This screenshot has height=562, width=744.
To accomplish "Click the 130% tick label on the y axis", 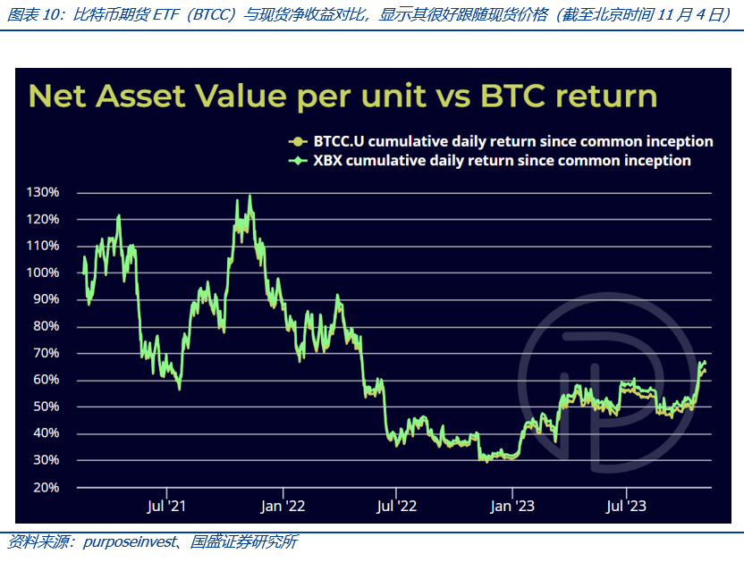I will pyautogui.click(x=44, y=192).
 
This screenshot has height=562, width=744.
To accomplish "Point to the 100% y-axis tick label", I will pyautogui.click(x=44, y=273).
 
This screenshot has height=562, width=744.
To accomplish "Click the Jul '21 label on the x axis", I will pyautogui.click(x=165, y=506).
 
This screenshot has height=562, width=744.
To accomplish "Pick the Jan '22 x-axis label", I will pyautogui.click(x=283, y=506).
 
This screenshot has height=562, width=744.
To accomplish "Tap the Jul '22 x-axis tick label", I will pyautogui.click(x=397, y=506).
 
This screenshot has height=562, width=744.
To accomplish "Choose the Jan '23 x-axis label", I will pyautogui.click(x=512, y=506).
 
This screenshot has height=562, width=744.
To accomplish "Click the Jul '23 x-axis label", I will pyautogui.click(x=626, y=506).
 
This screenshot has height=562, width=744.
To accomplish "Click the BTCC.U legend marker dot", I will pyautogui.click(x=295, y=141).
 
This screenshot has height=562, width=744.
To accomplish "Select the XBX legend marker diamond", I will pyautogui.click(x=295, y=161).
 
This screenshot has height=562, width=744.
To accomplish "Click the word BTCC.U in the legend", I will pyautogui.click(x=337, y=141).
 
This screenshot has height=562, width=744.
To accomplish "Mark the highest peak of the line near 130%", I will pyautogui.click(x=249, y=196).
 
